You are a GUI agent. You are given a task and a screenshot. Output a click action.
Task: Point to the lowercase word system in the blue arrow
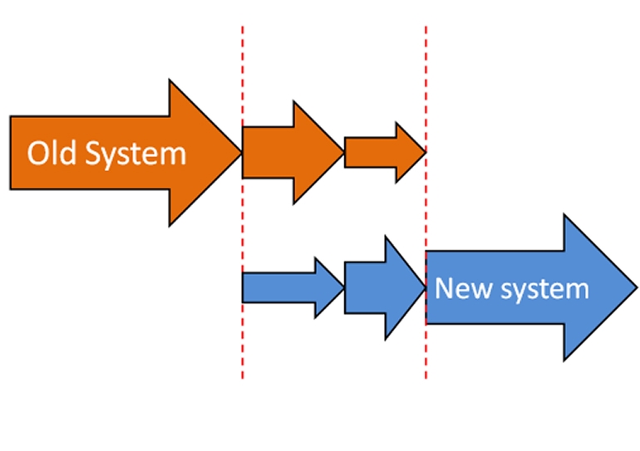pyautogui.click(x=544, y=289)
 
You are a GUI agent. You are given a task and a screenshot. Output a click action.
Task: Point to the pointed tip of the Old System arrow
pyautogui.click(x=240, y=153)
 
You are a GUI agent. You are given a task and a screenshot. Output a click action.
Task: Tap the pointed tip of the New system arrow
pyautogui.click(x=636, y=287)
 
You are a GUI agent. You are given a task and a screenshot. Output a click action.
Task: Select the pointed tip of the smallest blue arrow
pyautogui.click(x=342, y=287)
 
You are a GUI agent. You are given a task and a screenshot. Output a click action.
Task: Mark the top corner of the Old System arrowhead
pyautogui.click(x=170, y=81)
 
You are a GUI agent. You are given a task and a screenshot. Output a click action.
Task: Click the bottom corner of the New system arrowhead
pyautogui.click(x=564, y=360)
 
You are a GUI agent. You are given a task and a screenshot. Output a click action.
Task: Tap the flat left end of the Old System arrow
pyautogui.click(x=11, y=153)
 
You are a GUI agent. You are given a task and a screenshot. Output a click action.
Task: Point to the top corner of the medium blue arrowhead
pyautogui.click(x=386, y=237)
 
